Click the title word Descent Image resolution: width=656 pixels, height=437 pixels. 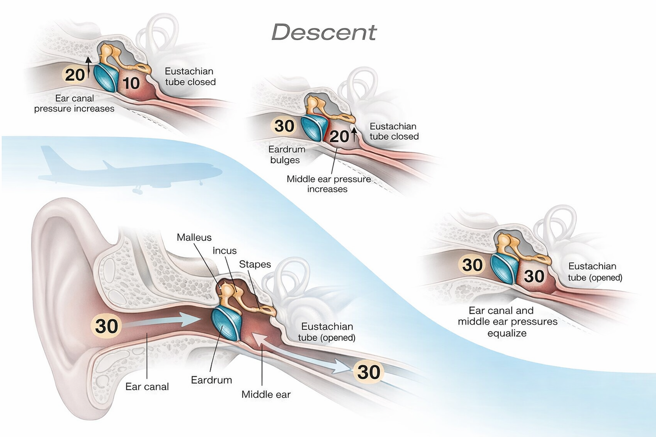pyautogui.click(x=324, y=32)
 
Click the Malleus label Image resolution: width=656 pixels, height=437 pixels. pyautogui.click(x=194, y=237)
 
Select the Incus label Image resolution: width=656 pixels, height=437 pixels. pyautogui.click(x=224, y=250)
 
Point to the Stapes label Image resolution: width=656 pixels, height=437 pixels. pyautogui.click(x=255, y=264)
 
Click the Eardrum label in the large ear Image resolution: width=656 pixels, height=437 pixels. pyautogui.click(x=211, y=380)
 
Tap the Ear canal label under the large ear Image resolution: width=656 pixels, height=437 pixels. pyautogui.click(x=147, y=387)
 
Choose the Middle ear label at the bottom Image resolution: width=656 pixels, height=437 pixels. pyautogui.click(x=266, y=394)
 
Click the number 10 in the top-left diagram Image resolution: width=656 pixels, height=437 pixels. pyautogui.click(x=131, y=83)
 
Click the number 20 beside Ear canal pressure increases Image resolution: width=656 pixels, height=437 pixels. pyautogui.click(x=74, y=75)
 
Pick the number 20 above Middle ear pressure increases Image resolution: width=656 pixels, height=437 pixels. pyautogui.click(x=339, y=136)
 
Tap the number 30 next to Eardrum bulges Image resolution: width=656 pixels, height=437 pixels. pyautogui.click(x=284, y=126)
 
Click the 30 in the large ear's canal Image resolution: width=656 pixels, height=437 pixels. pyautogui.click(x=106, y=326)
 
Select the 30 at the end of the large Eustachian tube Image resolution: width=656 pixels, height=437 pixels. pyautogui.click(x=368, y=372)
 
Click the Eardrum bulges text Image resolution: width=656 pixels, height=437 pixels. pyautogui.click(x=286, y=155)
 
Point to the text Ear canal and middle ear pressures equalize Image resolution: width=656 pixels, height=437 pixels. pyautogui.click(x=507, y=322)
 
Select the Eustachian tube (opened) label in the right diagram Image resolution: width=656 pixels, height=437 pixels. pyautogui.click(x=594, y=272)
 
